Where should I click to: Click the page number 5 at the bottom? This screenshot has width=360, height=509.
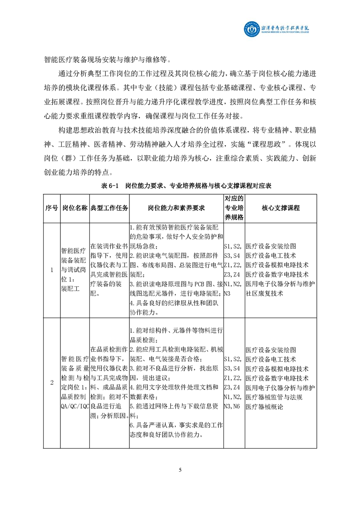point(180,469)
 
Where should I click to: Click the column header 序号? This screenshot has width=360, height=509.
point(51,207)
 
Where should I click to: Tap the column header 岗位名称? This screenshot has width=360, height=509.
point(74,207)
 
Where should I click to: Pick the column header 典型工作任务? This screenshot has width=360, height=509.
point(109,207)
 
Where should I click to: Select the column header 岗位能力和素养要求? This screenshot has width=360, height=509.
point(176,207)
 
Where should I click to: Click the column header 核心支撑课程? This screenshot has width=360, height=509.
point(281,207)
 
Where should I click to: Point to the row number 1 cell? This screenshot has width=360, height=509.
point(51,270)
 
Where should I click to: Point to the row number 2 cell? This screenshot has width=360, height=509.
point(51,382)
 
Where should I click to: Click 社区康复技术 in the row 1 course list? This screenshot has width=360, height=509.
point(264,293)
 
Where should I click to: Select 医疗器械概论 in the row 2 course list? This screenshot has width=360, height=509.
point(264,407)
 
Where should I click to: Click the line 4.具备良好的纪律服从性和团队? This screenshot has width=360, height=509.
point(175,303)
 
